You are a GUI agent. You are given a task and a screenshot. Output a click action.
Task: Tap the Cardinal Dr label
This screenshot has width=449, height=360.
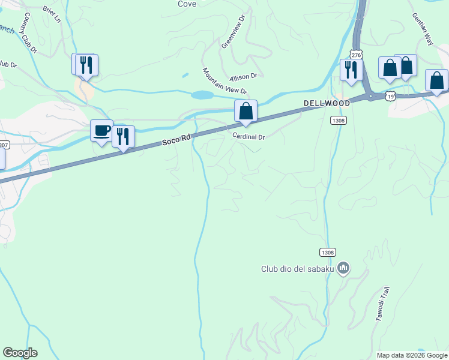point(249,137)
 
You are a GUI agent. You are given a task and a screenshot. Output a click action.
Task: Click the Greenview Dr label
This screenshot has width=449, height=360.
point(234,32)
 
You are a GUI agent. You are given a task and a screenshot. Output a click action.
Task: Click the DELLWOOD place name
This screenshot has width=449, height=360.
point(327,103)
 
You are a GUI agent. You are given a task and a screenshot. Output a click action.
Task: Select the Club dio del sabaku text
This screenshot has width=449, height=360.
point(297,269)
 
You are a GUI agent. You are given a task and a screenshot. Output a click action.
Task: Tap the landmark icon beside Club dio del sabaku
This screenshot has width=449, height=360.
point(343,268)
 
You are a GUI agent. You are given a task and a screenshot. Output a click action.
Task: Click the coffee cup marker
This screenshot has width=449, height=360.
point(101,130)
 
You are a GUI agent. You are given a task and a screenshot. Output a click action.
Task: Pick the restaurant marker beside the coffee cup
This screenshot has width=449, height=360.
point(123,136)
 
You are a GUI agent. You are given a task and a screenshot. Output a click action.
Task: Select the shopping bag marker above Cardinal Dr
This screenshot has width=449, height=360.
point(246,111)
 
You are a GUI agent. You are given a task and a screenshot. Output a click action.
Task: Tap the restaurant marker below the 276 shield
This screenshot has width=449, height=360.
point(350,70)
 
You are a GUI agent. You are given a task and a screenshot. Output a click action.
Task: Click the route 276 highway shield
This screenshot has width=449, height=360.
point(357,55)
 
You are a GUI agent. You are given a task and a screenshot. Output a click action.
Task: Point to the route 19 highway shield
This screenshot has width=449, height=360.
point(391,95)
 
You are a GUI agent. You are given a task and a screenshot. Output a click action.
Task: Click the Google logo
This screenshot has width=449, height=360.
point(20,353)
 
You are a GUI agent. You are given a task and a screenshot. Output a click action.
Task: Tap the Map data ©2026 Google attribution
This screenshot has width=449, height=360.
point(412,355)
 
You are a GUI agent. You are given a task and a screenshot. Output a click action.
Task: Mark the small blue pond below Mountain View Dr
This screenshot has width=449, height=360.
point(202,95)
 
